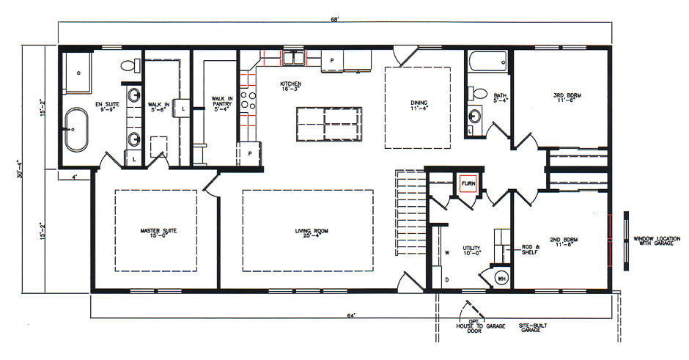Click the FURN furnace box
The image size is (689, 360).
point(468,183)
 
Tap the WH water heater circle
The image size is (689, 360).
point(502,278)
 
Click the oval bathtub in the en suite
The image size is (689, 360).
point(76,129)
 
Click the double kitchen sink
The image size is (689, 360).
point(295,58)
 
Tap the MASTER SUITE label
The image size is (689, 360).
point(158,234)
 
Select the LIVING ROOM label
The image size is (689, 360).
point(307,234)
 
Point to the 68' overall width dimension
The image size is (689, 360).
point(336,18)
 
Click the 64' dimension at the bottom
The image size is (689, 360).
point(351,315)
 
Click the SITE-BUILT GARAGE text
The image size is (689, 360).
point(529,328)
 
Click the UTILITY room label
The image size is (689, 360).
point(472,251)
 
